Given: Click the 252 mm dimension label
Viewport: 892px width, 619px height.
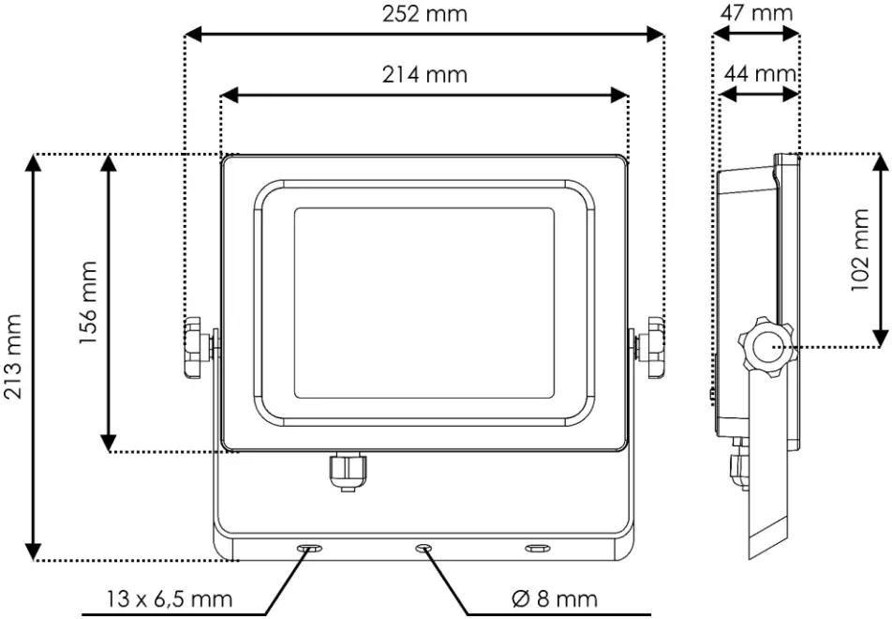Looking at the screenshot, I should (x=424, y=14).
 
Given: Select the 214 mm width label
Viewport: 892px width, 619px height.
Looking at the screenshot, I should (x=424, y=74).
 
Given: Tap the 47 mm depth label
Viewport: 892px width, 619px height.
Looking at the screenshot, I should (x=757, y=13).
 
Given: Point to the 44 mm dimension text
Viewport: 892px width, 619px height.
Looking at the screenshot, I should (x=760, y=73).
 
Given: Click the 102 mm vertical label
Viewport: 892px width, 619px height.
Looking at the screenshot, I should (x=860, y=249).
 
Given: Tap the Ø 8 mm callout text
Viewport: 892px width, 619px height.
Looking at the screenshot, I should (x=555, y=598).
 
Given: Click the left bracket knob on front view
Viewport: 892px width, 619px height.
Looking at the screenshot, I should (x=195, y=348).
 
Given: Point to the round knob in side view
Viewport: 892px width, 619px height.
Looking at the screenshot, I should (x=765, y=347).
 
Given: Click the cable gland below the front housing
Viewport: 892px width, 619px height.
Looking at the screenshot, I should (x=346, y=472).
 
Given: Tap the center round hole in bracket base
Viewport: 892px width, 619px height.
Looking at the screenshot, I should (x=424, y=547).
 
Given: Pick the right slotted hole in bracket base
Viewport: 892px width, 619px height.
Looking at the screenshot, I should (x=537, y=547).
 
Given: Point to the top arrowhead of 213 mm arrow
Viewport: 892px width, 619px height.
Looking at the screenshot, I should (x=34, y=162).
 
